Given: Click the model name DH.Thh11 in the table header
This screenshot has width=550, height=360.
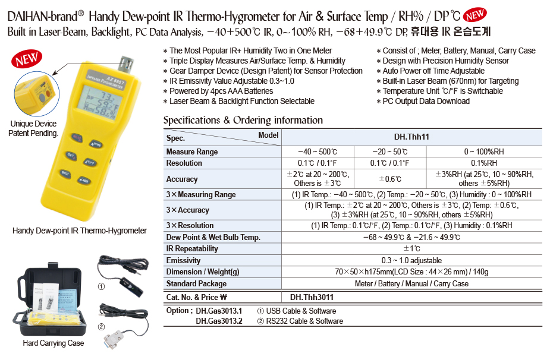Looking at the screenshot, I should point(411,137).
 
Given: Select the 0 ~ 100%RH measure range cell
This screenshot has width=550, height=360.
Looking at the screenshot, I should point(483,152).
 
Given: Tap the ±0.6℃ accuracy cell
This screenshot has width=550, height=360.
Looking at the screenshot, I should point(389,179).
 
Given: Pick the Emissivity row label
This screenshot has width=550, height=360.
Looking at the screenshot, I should point(183,261).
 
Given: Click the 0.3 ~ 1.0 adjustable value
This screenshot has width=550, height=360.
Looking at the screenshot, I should point(411,261).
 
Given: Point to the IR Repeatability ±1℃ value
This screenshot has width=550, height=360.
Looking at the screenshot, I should point(411,249).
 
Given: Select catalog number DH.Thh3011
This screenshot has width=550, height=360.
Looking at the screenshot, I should point(312,298).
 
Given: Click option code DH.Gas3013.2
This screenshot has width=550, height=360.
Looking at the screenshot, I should point(219,321).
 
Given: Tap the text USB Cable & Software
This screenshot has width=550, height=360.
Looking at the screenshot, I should point(301,311).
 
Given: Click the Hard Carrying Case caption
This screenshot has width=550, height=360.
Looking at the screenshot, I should point(54,343).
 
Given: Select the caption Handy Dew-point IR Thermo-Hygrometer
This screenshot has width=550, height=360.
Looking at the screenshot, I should point(80,230).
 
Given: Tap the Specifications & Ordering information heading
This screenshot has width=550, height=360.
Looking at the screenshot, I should point(243,120).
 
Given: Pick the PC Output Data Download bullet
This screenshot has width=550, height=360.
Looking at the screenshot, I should point(426,101).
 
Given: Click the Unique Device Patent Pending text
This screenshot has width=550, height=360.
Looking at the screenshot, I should point(33,128).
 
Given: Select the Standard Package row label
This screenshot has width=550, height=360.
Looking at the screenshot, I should point(196,284).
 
